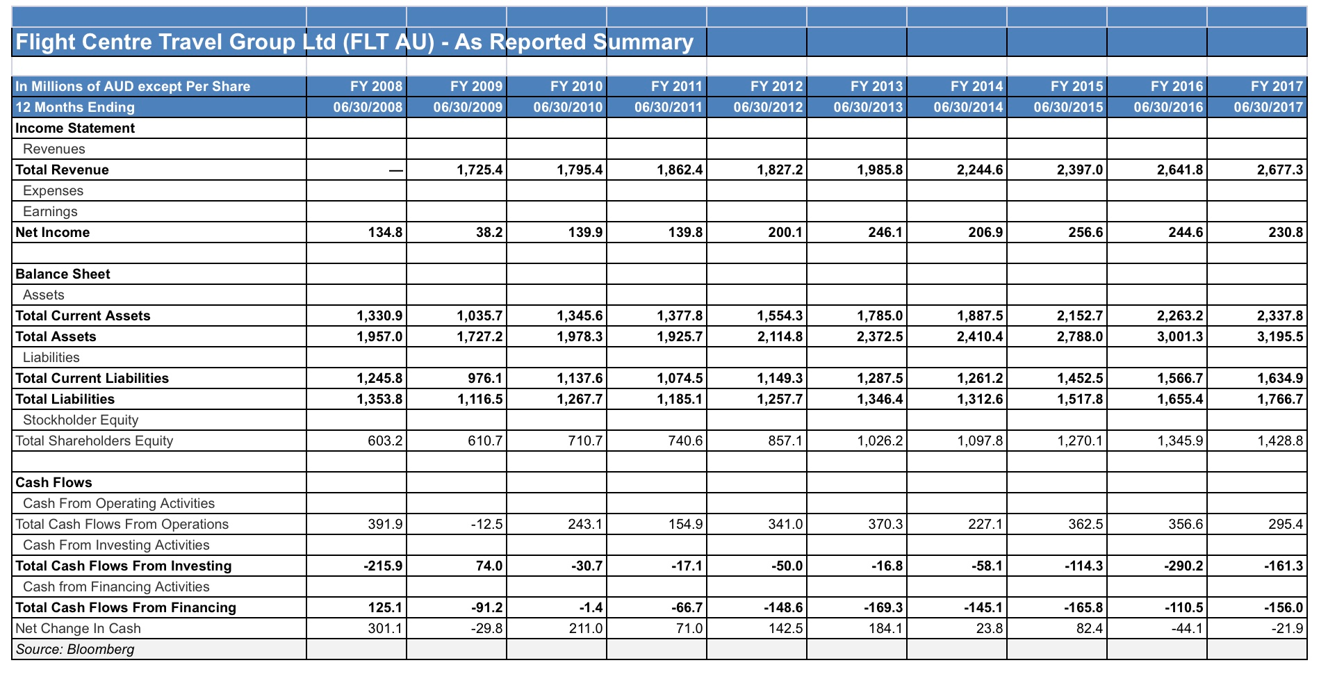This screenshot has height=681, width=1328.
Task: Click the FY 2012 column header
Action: tap(776, 86)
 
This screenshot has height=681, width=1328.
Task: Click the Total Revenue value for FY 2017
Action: tap(1280, 170)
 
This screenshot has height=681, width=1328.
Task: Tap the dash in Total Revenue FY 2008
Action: tap(395, 170)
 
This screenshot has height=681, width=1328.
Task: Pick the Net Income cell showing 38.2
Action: tap(489, 232)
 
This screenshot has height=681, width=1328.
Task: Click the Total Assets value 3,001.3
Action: tap(1180, 336)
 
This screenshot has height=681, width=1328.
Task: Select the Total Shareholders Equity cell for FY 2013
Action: tap(880, 441)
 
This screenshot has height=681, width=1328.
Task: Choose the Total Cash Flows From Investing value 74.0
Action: tap(489, 566)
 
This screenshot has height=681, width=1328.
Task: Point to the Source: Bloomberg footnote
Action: tap(75, 649)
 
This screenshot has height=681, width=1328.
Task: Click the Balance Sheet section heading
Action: tap(63, 274)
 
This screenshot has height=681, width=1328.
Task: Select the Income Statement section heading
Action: tap(75, 128)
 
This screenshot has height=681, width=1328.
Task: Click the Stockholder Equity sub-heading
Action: tap(81, 420)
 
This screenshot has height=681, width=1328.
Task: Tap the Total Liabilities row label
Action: tap(65, 399)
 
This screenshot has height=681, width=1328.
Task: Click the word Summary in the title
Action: tap(643, 42)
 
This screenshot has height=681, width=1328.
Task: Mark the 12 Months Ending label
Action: tap(75, 107)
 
